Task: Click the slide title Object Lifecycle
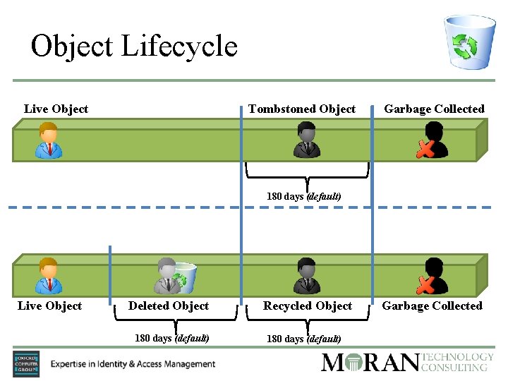pyautogui.click(x=134, y=47)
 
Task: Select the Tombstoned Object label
pyautogui.click(x=301, y=109)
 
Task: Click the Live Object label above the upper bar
pyautogui.click(x=56, y=109)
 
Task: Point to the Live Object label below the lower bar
pyautogui.click(x=49, y=306)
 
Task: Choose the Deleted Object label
pyautogui.click(x=169, y=306)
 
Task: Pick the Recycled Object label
pyautogui.click(x=307, y=306)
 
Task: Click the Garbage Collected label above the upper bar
pyautogui.click(x=434, y=109)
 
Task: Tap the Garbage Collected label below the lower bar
pyautogui.click(x=432, y=306)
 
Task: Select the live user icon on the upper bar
pyautogui.click(x=49, y=140)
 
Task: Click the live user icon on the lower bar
pyautogui.click(x=49, y=276)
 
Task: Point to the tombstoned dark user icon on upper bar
pyautogui.click(x=307, y=140)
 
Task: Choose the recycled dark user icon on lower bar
pyautogui.click(x=307, y=276)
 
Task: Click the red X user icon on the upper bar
pyautogui.click(x=431, y=140)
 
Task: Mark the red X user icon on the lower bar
pyautogui.click(x=431, y=276)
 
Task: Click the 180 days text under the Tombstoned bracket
pyautogui.click(x=303, y=196)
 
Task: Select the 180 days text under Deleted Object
pyautogui.click(x=171, y=338)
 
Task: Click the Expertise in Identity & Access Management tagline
pyautogui.click(x=133, y=364)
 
